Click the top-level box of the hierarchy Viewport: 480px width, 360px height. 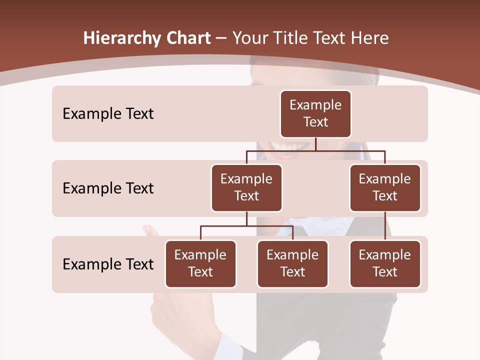[x=315, y=113]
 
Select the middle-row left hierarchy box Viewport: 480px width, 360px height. [x=246, y=187]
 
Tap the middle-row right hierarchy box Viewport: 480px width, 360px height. [x=385, y=187]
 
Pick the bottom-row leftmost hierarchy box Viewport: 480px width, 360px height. [x=200, y=263]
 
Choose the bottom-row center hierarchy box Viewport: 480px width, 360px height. [x=292, y=263]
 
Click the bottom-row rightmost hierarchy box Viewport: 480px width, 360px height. [x=385, y=263]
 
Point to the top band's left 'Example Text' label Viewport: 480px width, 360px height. [x=108, y=114]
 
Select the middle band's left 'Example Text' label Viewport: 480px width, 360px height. [x=108, y=188]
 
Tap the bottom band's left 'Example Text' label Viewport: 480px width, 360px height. [x=108, y=264]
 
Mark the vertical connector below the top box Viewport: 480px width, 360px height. [x=315, y=144]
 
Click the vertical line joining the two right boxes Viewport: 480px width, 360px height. [x=385, y=226]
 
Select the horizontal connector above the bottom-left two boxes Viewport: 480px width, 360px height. [x=246, y=226]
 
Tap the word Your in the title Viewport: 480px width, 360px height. [x=251, y=38]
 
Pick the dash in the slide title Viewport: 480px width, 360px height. [x=221, y=38]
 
